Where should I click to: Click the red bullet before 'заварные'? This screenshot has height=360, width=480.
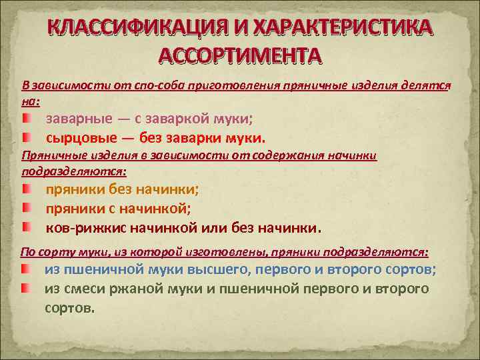pyautogui.click(x=25, y=118)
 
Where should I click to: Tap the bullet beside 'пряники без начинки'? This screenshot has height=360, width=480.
pyautogui.click(x=25, y=189)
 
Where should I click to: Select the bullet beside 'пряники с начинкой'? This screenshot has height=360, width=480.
pyautogui.click(x=25, y=209)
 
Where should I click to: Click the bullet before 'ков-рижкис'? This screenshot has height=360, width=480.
pyautogui.click(x=25, y=227)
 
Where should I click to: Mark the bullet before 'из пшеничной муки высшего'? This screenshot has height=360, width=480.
pyautogui.click(x=25, y=269)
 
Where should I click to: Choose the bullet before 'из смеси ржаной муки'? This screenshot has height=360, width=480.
pyautogui.click(x=25, y=289)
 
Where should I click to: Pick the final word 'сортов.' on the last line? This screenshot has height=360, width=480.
pyautogui.click(x=70, y=309)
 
